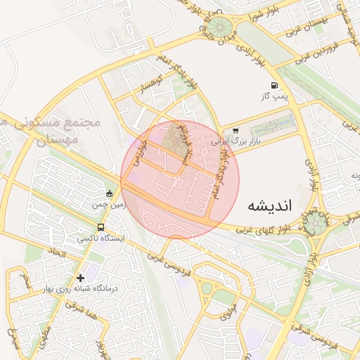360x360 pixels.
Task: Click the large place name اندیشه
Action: pyautogui.click(x=274, y=206)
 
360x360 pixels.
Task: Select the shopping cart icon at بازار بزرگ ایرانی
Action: pyautogui.click(x=235, y=130)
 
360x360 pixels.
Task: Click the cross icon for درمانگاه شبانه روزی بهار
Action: pyautogui.click(x=81, y=278)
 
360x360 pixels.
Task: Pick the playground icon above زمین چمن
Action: pyautogui.click(x=108, y=193)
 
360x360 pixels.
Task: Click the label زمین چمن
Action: pyautogui.click(x=108, y=205)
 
